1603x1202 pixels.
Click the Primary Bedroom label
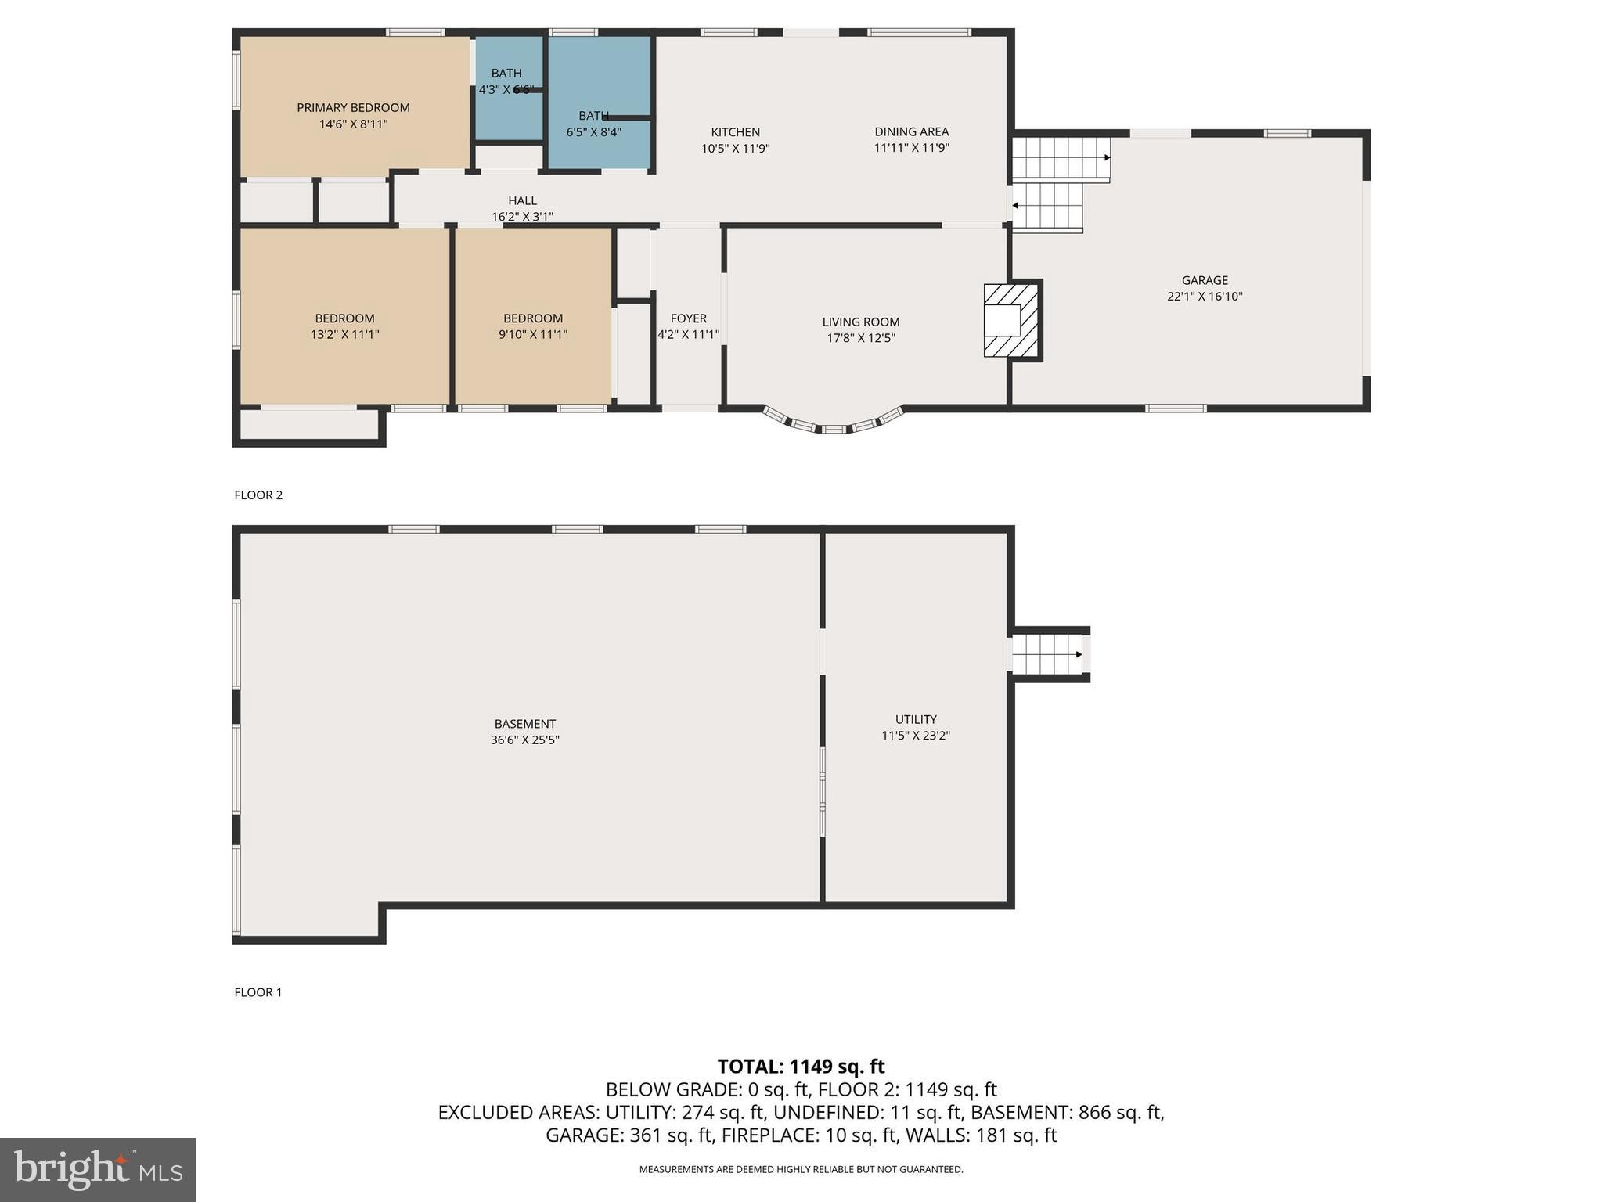click(353, 108)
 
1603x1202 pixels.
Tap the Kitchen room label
click(735, 132)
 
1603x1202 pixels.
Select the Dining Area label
click(911, 131)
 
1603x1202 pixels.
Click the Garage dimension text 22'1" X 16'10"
click(1205, 297)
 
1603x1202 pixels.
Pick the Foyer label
click(688, 318)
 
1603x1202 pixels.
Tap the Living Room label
click(861, 322)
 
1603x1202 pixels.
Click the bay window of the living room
click(833, 423)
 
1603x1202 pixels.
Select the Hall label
click(522, 201)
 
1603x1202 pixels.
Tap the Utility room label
click(916, 719)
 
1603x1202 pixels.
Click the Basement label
click(524, 724)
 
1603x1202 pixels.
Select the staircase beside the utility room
click(1047, 654)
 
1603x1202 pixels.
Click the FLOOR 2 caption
click(258, 495)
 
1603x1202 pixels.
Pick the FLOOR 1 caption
click(258, 992)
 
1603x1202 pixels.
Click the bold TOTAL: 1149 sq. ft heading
click(801, 1067)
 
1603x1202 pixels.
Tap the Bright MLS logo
click(98, 1170)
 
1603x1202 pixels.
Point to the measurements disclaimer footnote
click(801, 1170)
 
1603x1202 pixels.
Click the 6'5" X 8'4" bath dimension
click(594, 132)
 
